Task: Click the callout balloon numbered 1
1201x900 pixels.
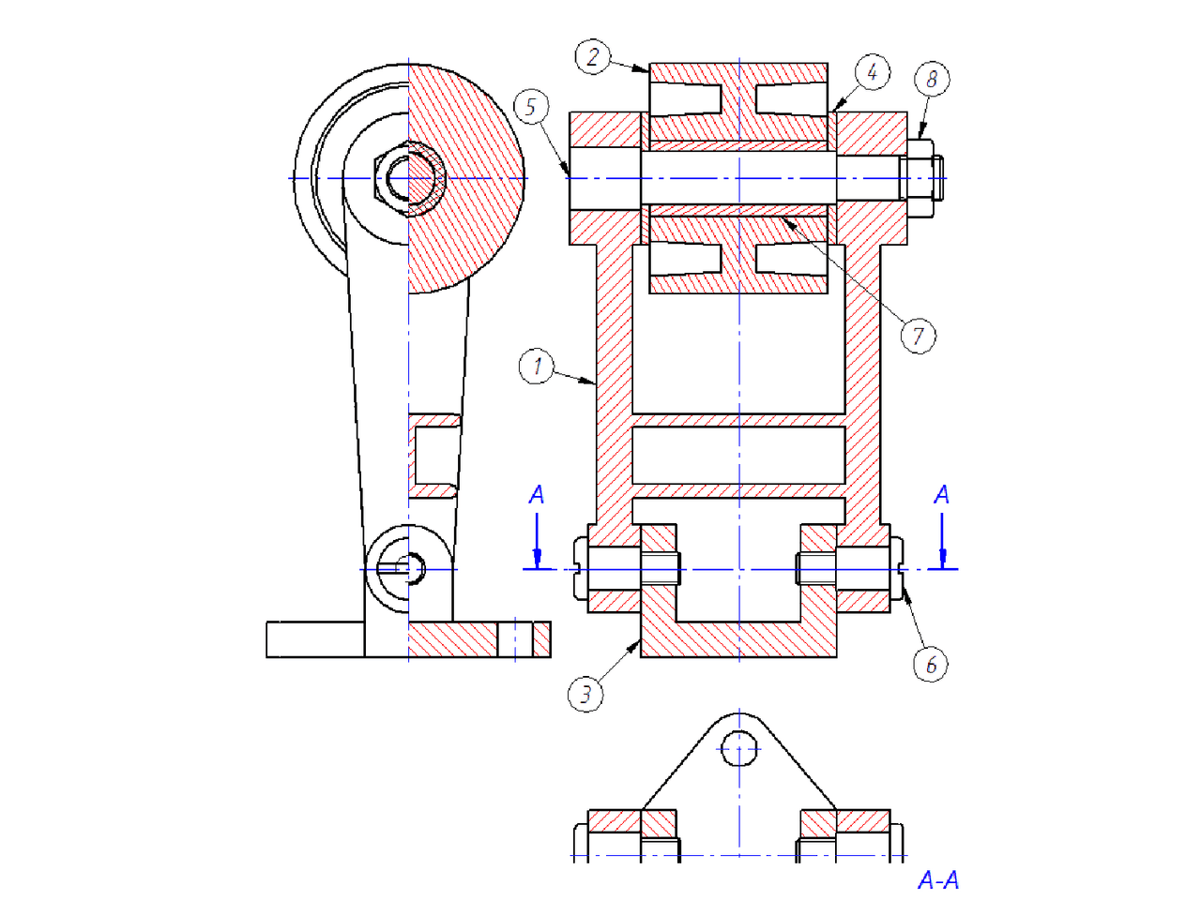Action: (x=537, y=366)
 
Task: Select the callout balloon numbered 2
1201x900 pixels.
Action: (x=592, y=57)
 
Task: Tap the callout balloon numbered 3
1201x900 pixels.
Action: (x=585, y=695)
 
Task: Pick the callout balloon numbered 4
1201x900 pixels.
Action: (x=873, y=72)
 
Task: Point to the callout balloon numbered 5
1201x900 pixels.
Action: (x=531, y=107)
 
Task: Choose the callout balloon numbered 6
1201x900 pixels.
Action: (x=931, y=665)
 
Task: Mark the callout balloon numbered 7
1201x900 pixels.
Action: (x=918, y=336)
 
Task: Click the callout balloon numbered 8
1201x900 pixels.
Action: (x=932, y=79)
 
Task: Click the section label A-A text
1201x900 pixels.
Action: (x=938, y=880)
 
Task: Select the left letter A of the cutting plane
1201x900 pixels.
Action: (x=537, y=495)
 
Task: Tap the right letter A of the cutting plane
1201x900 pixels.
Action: (x=942, y=495)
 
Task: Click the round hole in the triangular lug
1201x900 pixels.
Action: (x=739, y=748)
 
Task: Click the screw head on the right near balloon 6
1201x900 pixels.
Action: (x=897, y=569)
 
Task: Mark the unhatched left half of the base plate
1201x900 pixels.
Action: (x=314, y=639)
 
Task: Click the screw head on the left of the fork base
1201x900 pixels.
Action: (x=580, y=569)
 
